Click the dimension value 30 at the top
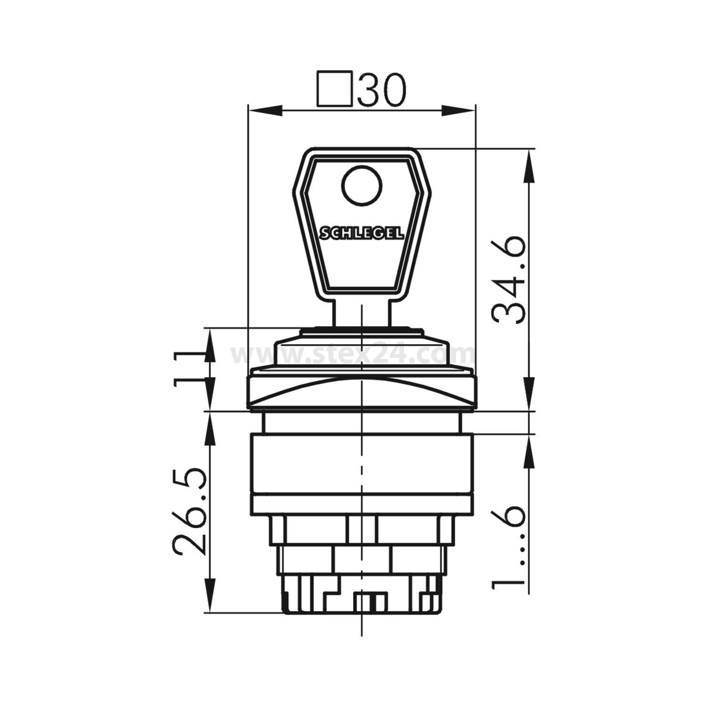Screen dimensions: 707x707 381,89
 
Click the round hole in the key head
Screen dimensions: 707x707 362,187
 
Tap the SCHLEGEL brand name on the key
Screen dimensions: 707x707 362,233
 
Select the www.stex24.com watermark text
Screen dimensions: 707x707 353,353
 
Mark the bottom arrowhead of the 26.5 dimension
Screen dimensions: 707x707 208,599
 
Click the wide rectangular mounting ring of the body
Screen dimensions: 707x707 362,471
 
